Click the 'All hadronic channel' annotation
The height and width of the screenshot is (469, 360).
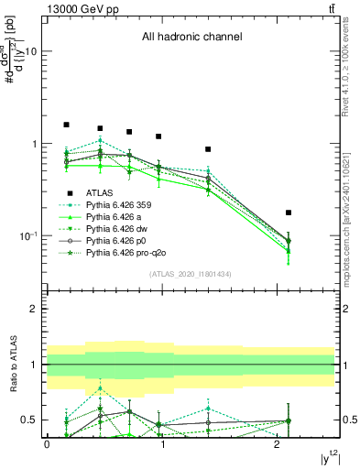pos(191,38)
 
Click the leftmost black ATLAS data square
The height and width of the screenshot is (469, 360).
pos(66,125)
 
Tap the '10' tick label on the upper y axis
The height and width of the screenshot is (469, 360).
pos(29,52)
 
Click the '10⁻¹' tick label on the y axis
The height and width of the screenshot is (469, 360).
pos(27,236)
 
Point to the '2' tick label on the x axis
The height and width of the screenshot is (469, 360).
pos(278,444)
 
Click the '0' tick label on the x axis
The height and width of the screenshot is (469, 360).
pos(47,444)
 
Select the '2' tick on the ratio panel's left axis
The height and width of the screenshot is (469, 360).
pos(35,309)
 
